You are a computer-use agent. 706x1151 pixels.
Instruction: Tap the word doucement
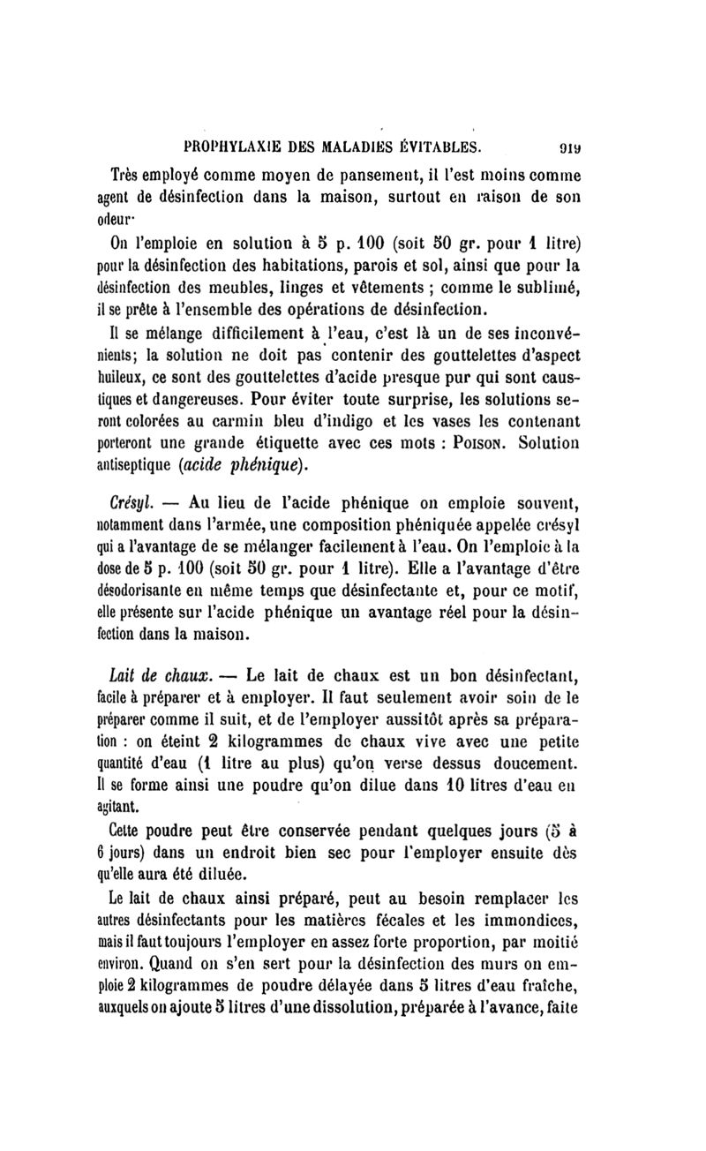click(540, 762)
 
